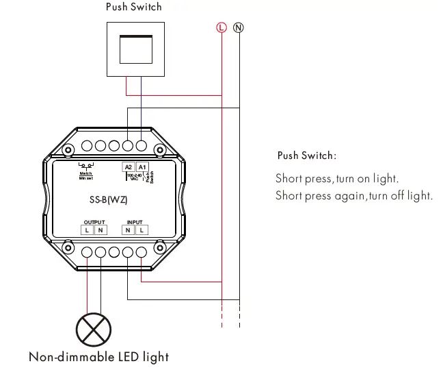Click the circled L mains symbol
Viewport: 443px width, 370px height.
pos(221,27)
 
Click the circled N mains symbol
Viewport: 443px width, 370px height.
pos(239,27)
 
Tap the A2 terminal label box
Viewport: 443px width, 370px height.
pos(129,167)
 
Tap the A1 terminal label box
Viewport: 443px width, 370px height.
pos(142,167)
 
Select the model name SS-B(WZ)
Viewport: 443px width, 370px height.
pos(109,200)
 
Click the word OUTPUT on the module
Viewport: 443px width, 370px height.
pos(94,223)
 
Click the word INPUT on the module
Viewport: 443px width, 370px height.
pos(135,223)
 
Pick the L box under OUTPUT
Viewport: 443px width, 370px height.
pos(88,230)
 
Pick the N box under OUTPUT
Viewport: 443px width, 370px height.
pos(100,230)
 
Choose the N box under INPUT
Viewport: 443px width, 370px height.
pos(129,230)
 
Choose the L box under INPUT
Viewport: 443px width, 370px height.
pos(141,230)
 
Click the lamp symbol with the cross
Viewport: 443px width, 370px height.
pos(93,329)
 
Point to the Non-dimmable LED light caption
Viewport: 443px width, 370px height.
pos(98,357)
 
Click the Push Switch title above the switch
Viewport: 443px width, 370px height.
pos(134,7)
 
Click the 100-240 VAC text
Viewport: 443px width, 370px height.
pos(134,177)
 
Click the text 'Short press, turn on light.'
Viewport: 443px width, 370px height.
pos(336,179)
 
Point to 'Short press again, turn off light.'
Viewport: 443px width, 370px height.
pos(353,196)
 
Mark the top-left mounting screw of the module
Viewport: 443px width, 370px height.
pos(68,149)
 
